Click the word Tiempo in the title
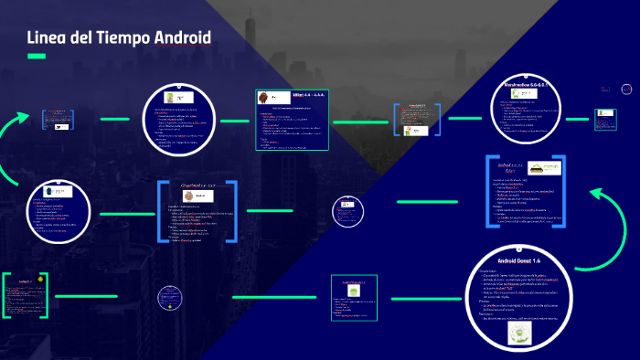pyautogui.click(x=121, y=37)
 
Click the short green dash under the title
pyautogui.click(x=37, y=57)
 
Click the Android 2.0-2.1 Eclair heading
pyautogui.click(x=507, y=169)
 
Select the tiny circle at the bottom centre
pyautogui.click(x=171, y=298)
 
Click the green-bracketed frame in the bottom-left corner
pyautogui.click(x=25, y=295)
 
